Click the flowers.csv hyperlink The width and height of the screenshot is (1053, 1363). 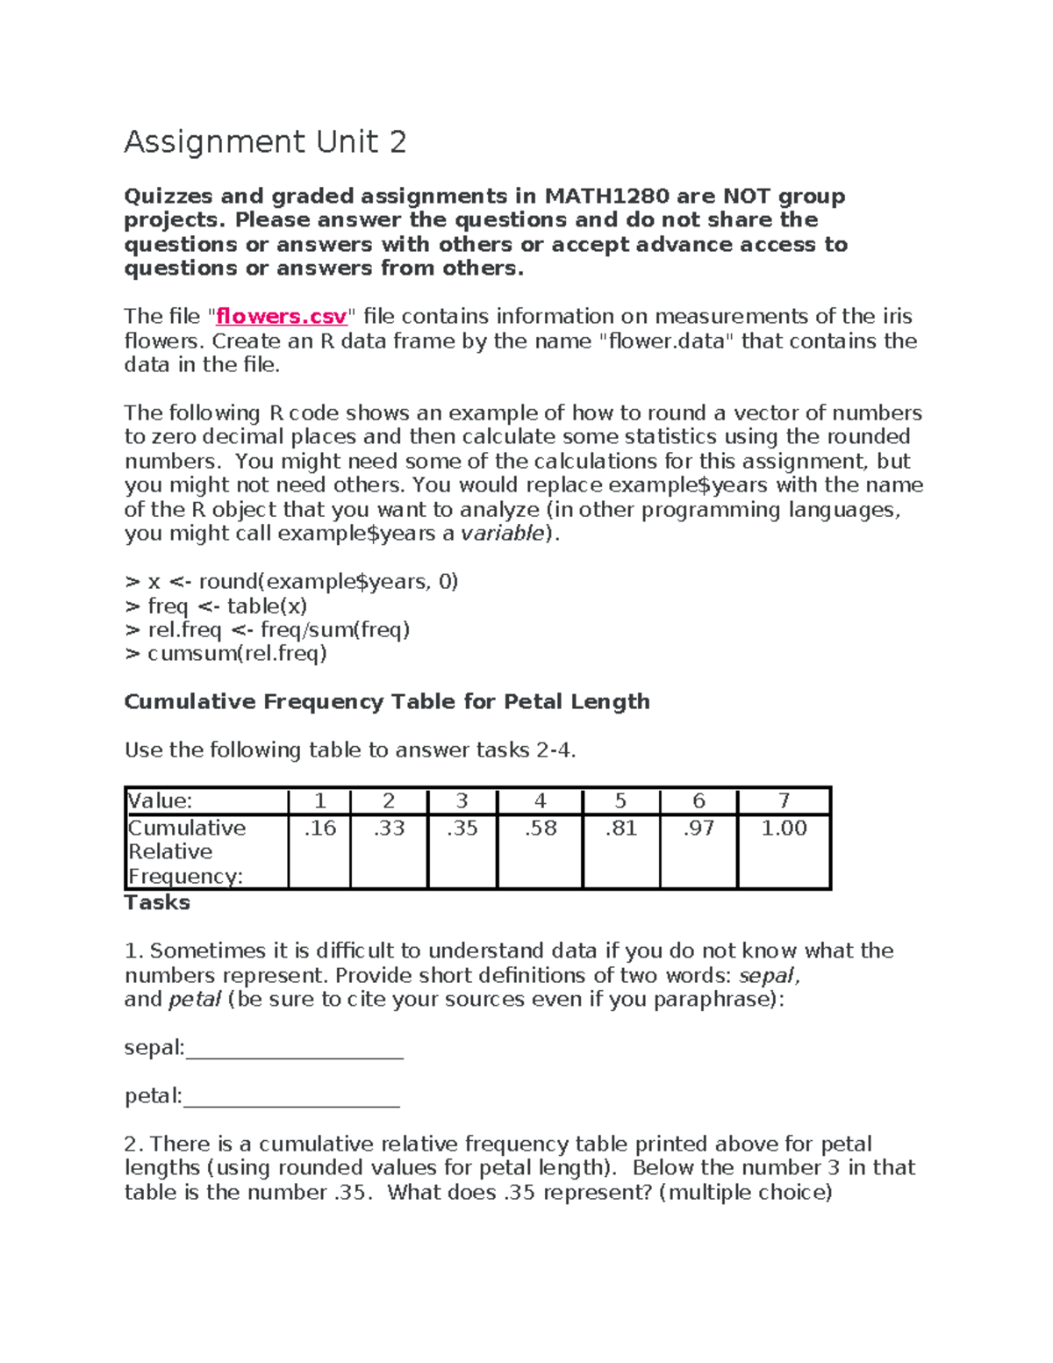click(282, 317)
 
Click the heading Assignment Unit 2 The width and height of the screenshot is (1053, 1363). click(265, 142)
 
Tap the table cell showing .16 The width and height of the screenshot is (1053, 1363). click(319, 829)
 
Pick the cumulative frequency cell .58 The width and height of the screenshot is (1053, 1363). click(540, 829)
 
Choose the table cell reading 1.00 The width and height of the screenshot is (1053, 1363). click(784, 829)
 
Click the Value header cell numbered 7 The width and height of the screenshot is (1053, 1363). click(784, 800)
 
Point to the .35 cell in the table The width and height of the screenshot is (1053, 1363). click(462, 829)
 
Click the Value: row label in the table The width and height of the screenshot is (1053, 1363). click(161, 800)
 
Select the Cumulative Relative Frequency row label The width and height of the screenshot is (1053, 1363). click(186, 852)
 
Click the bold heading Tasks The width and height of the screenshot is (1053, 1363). click(157, 903)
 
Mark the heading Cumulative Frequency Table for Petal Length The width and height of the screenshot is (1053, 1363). click(387, 702)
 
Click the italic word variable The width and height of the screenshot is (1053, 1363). click(503, 534)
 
